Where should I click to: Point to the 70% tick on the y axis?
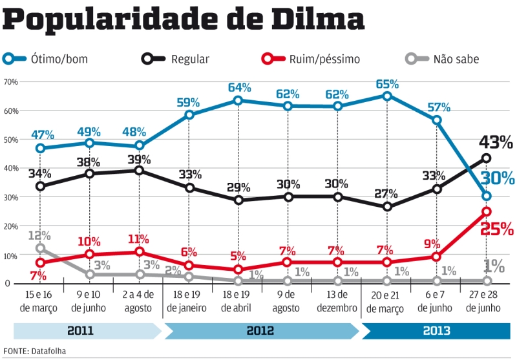pos(10,82)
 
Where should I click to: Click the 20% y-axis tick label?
pos(10,226)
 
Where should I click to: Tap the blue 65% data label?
pos(387,84)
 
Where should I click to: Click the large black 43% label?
pos(496,142)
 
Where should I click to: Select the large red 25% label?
pos(497,228)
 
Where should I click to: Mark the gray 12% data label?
pos(39,236)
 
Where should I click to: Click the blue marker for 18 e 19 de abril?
pos(238,100)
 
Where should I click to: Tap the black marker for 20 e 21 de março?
pos(387,207)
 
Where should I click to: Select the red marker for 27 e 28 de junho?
pos(487,211)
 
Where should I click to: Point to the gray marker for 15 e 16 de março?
pos(40,248)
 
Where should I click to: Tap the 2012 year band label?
pos(260,331)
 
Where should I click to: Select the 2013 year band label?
pos(437,331)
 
